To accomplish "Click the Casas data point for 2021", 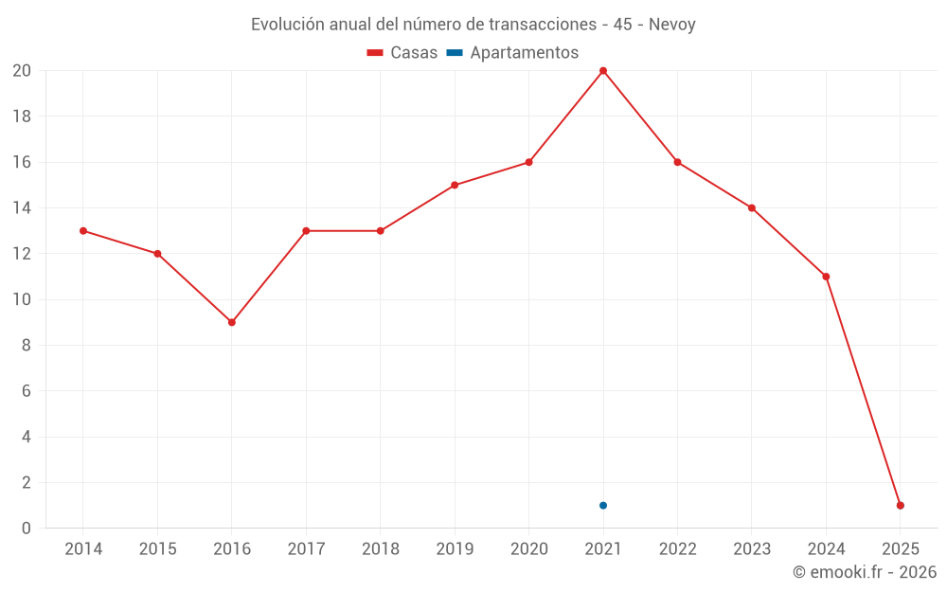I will (603, 71).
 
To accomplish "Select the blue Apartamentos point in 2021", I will (603, 505).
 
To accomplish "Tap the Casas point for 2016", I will (232, 322).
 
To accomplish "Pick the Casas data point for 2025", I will (901, 505).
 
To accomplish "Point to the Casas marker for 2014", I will (83, 230).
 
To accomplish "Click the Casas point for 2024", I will (826, 277).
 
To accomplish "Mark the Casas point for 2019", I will (455, 185).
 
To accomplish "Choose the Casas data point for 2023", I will (752, 207).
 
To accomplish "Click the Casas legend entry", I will (402, 53).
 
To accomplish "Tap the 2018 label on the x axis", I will (381, 549).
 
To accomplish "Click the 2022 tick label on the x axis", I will (678, 549).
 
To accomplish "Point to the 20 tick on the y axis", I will (22, 71).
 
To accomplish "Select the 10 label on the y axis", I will (22, 299).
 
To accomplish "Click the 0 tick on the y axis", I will (27, 528).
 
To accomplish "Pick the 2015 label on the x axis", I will (157, 549).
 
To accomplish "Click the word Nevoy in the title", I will (671, 25).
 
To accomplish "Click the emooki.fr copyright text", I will (865, 572).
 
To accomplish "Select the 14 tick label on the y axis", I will (22, 207).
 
